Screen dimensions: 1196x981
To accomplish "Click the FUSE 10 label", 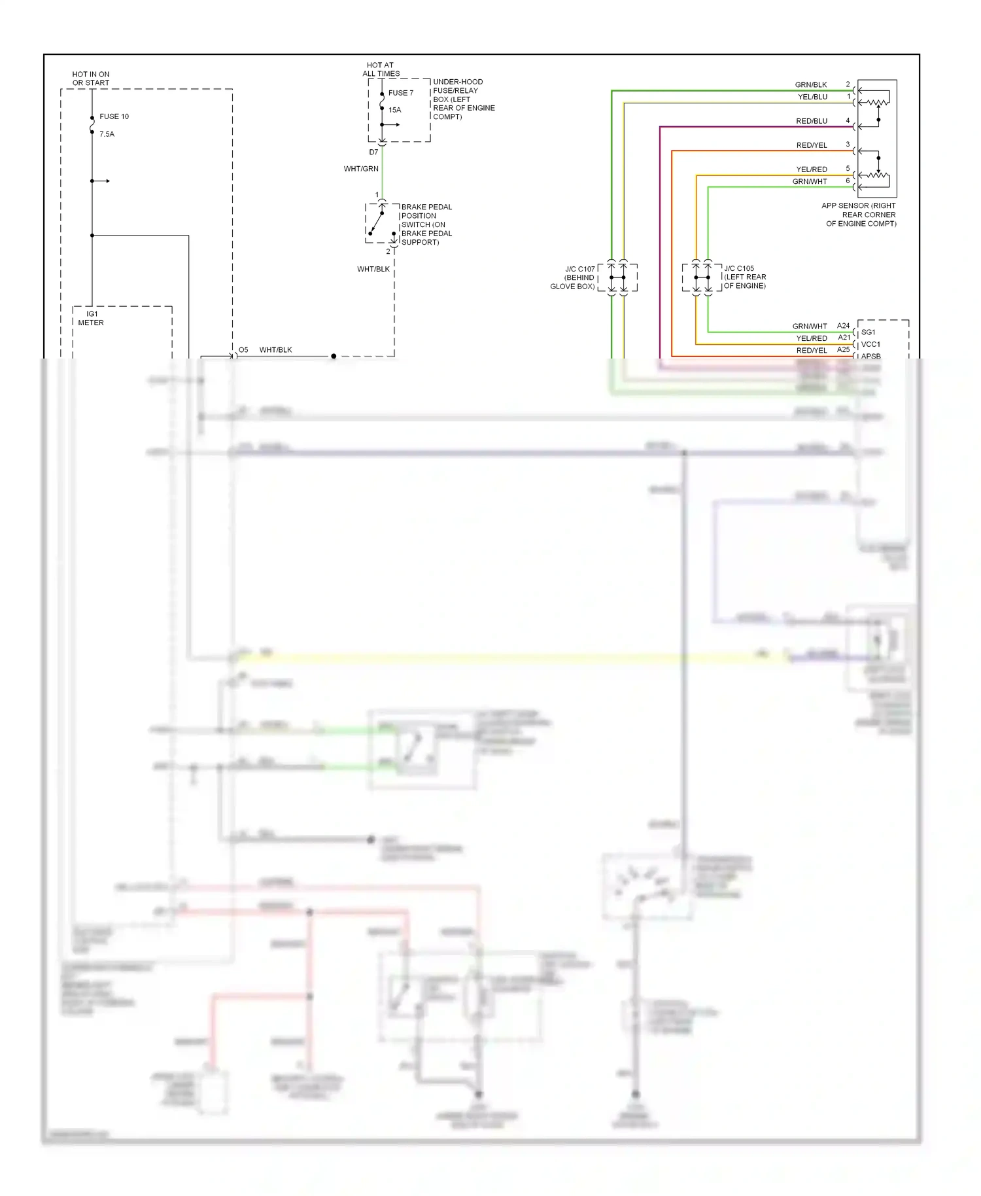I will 114,116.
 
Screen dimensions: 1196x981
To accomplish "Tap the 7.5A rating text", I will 107,134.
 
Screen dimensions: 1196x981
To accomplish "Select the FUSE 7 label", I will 400,93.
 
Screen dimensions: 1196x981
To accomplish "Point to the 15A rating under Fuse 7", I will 394,110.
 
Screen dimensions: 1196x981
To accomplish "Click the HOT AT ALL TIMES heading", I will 381,69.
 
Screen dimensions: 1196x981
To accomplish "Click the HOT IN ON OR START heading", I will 91,79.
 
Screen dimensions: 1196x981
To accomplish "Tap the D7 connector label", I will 373,152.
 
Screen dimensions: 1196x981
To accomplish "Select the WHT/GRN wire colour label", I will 361,169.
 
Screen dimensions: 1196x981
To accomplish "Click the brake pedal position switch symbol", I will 381,223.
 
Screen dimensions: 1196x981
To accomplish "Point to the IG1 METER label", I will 91,318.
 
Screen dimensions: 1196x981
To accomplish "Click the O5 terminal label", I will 243,350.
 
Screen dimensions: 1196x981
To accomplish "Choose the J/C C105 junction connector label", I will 745,277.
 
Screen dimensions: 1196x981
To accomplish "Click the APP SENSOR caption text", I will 859,215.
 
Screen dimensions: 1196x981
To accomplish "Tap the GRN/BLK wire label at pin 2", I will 811,85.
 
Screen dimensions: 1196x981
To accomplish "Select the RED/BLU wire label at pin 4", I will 812,121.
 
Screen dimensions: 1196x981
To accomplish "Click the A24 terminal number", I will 843,326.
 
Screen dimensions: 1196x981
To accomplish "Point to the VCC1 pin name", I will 870,344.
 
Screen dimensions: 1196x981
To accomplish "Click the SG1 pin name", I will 868,332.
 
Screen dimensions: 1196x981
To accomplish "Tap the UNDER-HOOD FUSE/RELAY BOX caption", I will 463,99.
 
